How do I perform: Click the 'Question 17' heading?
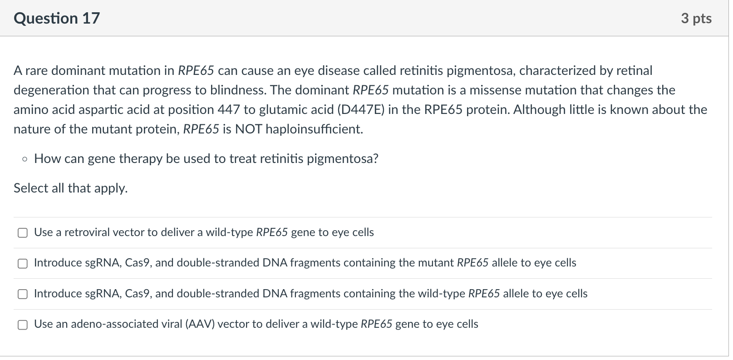[x=57, y=18]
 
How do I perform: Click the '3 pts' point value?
[x=696, y=18]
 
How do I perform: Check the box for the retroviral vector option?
[x=22, y=233]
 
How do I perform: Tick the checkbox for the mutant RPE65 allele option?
[x=22, y=263]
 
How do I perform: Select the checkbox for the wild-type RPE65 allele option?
[x=22, y=294]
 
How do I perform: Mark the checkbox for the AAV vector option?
[x=22, y=325]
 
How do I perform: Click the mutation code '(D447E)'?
[x=361, y=110]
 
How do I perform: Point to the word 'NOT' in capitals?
[x=248, y=129]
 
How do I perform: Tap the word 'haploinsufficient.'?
[x=314, y=129]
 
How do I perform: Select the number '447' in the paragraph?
[x=229, y=110]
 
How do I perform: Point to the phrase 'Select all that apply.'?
[x=70, y=188]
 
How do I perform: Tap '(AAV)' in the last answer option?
[x=200, y=324]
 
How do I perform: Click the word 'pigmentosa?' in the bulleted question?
[x=343, y=159]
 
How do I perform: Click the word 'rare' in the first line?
[x=36, y=71]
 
